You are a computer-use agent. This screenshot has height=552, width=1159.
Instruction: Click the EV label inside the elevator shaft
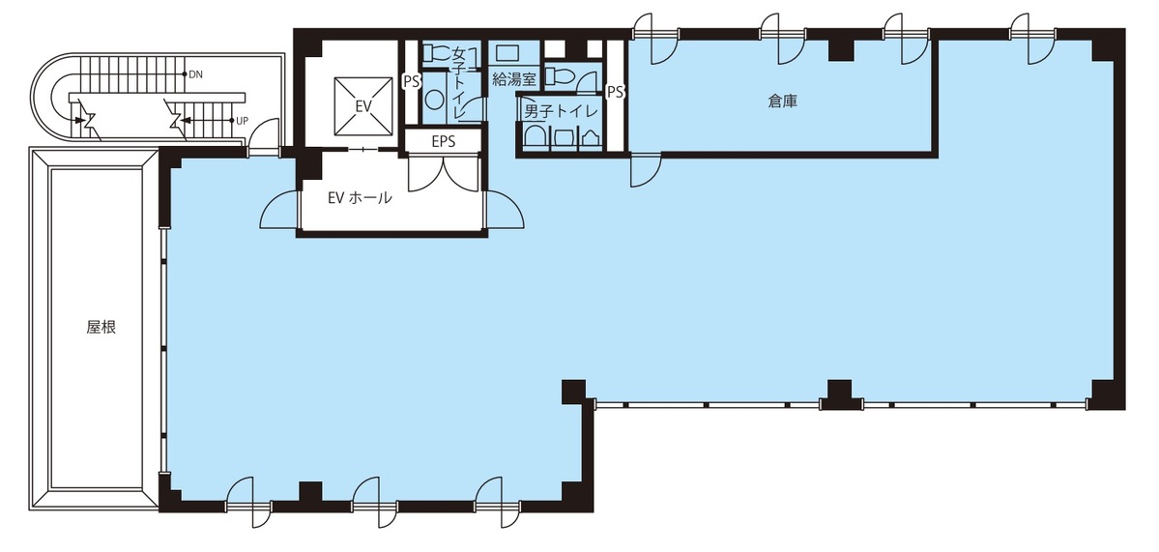pyautogui.click(x=362, y=106)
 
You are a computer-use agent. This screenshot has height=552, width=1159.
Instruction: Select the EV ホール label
pyautogui.click(x=360, y=198)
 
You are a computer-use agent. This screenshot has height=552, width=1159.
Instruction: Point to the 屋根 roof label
pyautogui.click(x=101, y=328)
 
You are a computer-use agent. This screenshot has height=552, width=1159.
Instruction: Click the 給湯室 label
pyautogui.click(x=513, y=80)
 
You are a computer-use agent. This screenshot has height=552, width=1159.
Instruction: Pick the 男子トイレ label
pyautogui.click(x=559, y=113)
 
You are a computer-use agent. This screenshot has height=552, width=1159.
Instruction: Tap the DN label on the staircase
pyautogui.click(x=196, y=74)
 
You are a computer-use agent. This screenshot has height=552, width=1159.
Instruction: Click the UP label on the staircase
pyautogui.click(x=242, y=121)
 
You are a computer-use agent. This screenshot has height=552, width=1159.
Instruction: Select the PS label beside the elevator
pyautogui.click(x=411, y=81)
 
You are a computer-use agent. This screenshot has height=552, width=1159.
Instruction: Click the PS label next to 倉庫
pyautogui.click(x=615, y=93)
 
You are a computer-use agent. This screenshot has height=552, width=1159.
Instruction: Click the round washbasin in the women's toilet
pyautogui.click(x=434, y=100)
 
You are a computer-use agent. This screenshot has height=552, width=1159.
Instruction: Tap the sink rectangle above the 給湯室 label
pyautogui.click(x=507, y=53)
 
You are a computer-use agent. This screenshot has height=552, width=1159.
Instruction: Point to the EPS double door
pyautogui.click(x=444, y=174)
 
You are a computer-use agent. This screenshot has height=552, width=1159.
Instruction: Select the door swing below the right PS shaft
pyautogui.click(x=645, y=170)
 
